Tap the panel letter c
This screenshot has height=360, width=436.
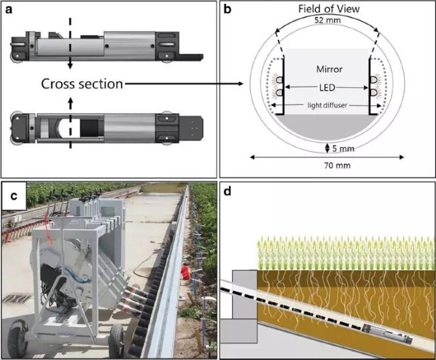(x=12, y=194)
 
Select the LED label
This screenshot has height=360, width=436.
(x=326, y=86)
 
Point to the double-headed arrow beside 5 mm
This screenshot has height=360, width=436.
(x=327, y=146)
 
